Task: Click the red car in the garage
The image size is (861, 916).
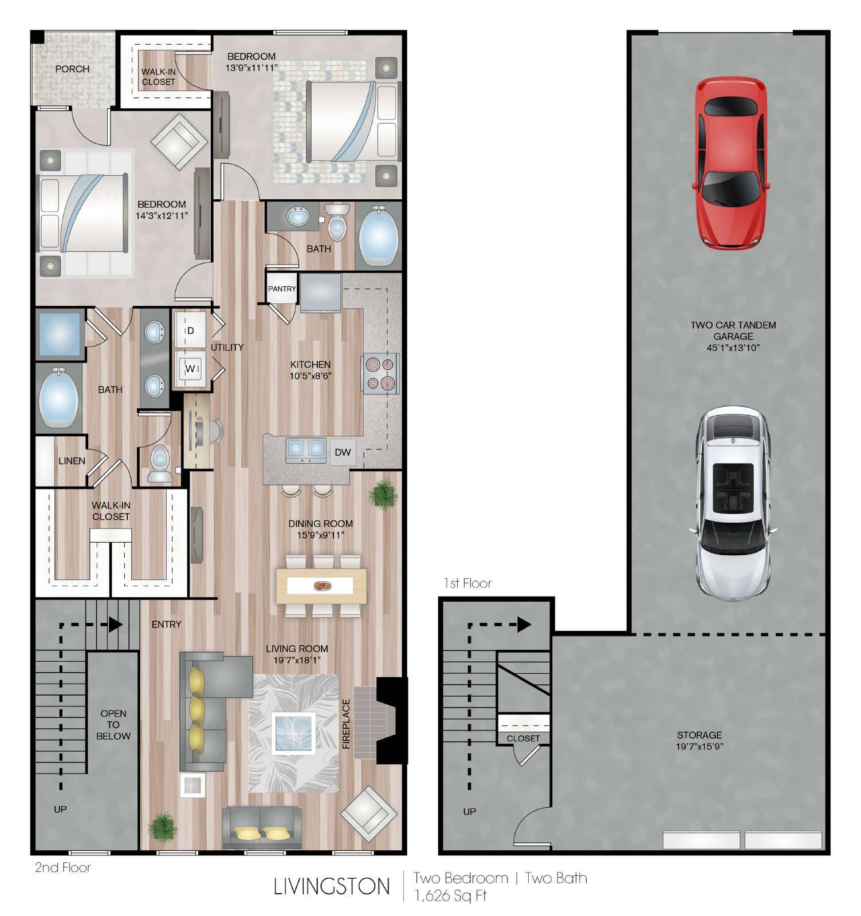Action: click(x=731, y=164)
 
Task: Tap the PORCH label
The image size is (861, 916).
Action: click(x=72, y=69)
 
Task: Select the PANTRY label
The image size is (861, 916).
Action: click(x=282, y=289)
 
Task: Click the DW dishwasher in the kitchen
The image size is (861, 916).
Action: click(x=343, y=452)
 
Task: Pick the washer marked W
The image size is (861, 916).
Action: click(x=190, y=369)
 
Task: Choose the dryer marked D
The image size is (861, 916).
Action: click(x=190, y=330)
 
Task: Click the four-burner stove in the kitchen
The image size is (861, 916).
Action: click(x=380, y=374)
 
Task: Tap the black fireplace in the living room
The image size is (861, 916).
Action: click(x=392, y=720)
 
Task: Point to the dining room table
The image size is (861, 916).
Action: click(x=321, y=586)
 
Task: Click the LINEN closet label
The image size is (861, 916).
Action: click(x=72, y=461)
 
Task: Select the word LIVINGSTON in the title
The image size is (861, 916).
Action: click(x=332, y=886)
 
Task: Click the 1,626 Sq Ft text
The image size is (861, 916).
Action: click(x=450, y=895)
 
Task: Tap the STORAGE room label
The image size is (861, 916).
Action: click(x=699, y=735)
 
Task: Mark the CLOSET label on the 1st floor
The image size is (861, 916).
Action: click(x=523, y=739)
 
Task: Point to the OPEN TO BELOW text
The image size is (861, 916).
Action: click(x=113, y=725)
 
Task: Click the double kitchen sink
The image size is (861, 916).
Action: click(x=306, y=450)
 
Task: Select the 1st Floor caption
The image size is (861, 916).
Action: click(x=468, y=583)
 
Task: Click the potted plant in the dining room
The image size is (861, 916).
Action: click(x=383, y=493)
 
